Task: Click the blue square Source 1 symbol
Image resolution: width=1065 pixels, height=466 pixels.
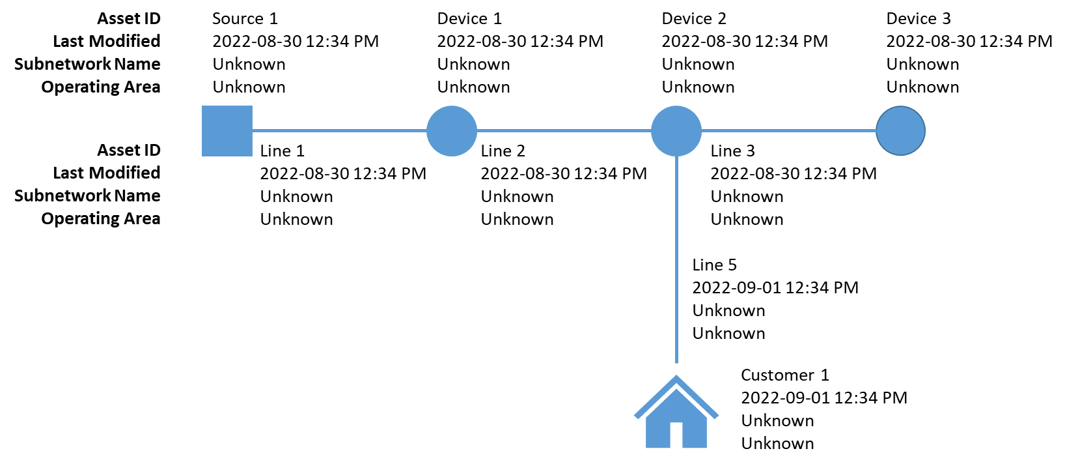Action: coord(227,131)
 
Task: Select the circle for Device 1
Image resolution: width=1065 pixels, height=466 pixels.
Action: coord(452,131)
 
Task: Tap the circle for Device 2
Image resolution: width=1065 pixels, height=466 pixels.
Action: coord(676,131)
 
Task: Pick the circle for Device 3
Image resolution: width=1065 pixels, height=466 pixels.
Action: coord(900,131)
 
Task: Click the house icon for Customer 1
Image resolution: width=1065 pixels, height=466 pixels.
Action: coord(676,412)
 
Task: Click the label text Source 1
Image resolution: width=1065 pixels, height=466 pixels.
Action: coord(245,18)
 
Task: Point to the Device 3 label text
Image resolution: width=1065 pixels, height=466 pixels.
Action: coord(919,18)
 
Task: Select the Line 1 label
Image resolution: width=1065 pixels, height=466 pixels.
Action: coord(282,151)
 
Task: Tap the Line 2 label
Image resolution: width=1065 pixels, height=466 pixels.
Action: coord(503,151)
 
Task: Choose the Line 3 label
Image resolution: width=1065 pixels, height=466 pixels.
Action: coord(732,151)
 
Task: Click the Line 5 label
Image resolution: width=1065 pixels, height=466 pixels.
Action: coord(715,265)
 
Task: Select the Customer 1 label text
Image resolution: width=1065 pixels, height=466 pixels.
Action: coord(785,375)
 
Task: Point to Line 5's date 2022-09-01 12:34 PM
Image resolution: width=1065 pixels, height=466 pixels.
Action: coord(775,287)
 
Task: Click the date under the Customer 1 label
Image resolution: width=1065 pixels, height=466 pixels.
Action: coord(824,398)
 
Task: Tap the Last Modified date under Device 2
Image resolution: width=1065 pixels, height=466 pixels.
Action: coord(745,42)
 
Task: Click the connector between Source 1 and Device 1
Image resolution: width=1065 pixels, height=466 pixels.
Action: coord(339,130)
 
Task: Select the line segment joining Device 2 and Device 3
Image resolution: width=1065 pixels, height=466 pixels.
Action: coord(789,130)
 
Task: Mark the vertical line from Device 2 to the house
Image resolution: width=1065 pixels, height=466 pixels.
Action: coord(676,259)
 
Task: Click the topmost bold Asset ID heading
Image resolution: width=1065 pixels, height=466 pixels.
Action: coord(129,18)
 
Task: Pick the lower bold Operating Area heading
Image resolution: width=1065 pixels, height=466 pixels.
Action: coord(101,219)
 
